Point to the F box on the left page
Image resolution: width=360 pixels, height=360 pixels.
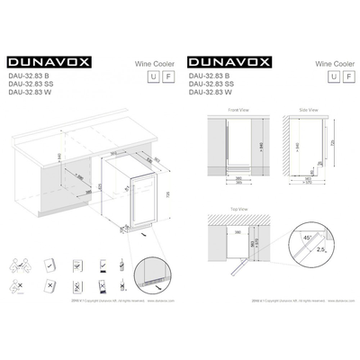click(x=166, y=76)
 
